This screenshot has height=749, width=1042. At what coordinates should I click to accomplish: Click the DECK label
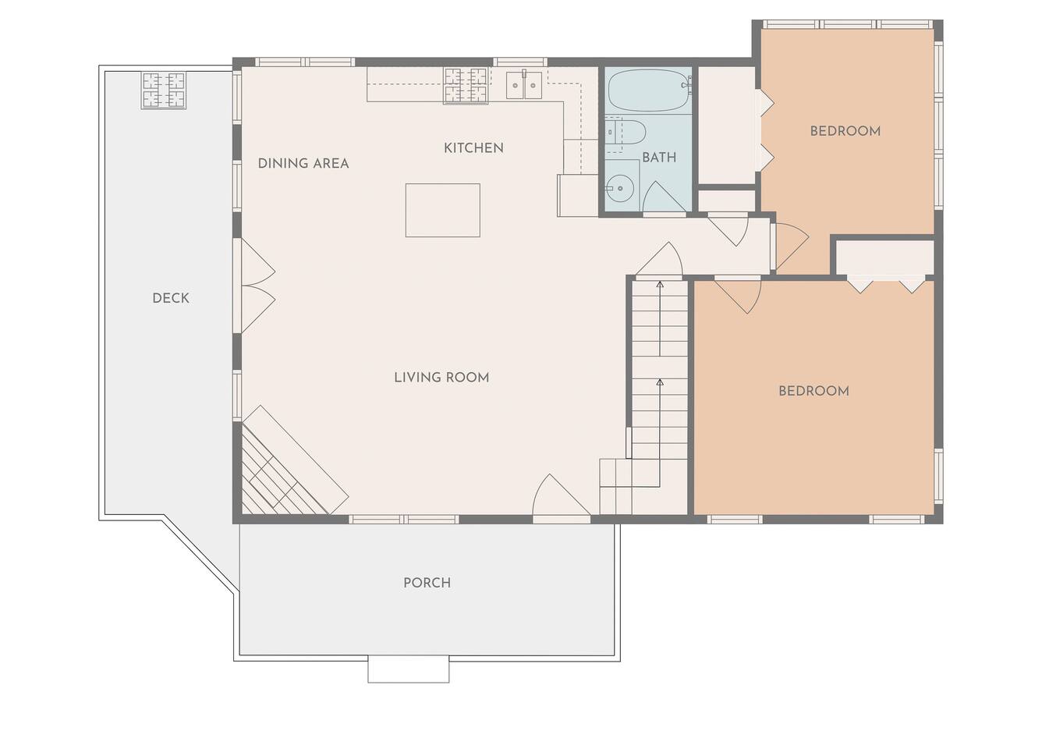tap(171, 298)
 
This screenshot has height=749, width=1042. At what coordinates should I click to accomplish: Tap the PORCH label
tap(427, 583)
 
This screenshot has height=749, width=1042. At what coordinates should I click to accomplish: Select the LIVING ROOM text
tap(441, 378)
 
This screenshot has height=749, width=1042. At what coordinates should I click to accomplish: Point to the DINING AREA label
tap(303, 163)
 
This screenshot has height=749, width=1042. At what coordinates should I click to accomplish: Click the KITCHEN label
tap(473, 148)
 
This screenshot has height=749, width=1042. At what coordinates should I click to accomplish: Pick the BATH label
tap(659, 158)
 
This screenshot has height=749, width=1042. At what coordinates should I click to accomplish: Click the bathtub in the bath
tap(650, 91)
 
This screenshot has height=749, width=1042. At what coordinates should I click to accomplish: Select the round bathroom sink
tap(620, 188)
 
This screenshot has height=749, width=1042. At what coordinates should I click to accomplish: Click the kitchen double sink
tap(524, 86)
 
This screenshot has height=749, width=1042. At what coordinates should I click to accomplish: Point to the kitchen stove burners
tap(466, 85)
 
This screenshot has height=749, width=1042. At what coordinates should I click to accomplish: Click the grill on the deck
tap(164, 91)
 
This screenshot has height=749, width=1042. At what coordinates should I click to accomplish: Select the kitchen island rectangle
tap(443, 211)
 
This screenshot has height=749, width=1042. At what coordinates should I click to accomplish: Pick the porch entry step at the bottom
tap(409, 670)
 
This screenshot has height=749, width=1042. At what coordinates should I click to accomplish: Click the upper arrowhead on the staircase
tap(660, 284)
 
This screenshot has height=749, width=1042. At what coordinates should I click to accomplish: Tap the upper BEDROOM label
tap(845, 131)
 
